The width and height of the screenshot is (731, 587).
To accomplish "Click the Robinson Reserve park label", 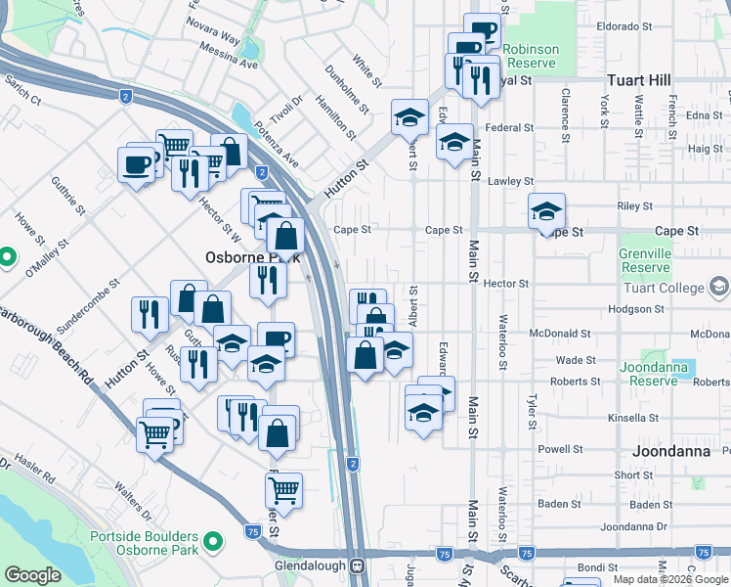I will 532,57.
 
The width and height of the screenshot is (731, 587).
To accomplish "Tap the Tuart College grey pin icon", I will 720,287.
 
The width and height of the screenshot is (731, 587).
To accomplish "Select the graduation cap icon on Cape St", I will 547,211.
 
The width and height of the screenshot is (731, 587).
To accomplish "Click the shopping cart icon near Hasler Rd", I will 154,432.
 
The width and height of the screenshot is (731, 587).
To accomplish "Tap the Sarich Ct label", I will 22,90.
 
